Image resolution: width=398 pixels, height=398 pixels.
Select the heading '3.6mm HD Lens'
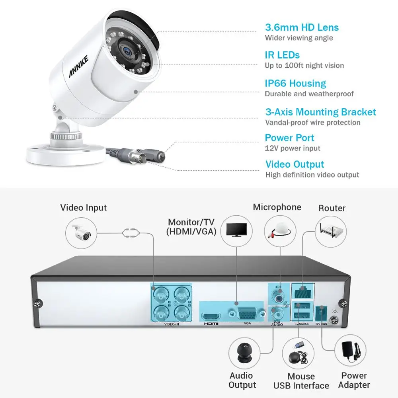pyautogui.click(x=302, y=27)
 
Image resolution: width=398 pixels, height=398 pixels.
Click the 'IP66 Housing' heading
pyautogui.click(x=295, y=84)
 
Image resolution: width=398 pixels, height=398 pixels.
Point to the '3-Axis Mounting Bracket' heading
pyautogui.click(x=320, y=112)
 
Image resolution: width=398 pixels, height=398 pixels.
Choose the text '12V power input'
pyautogui.click(x=293, y=148)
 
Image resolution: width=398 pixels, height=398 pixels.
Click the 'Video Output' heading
pyautogui.click(x=295, y=164)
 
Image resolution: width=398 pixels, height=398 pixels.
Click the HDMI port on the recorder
pyautogui.click(x=211, y=316)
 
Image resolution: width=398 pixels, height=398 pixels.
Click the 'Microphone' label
pyautogui.click(x=277, y=207)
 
